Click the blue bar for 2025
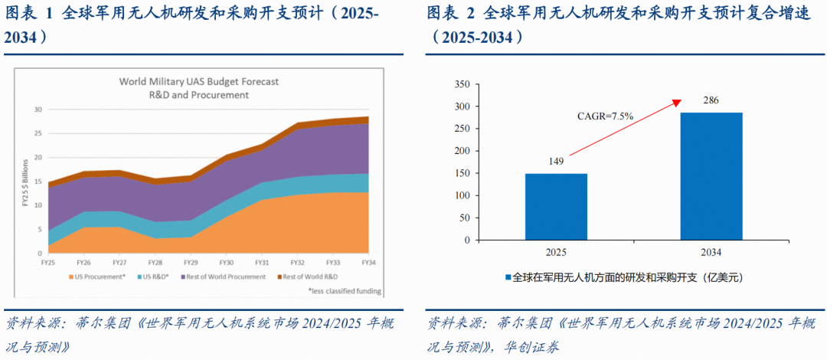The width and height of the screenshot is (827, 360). [556, 207]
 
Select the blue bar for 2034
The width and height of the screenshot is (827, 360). [711, 176]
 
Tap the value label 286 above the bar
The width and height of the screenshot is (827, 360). [711, 100]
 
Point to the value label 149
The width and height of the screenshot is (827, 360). [556, 162]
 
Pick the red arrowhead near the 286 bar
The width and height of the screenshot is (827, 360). [677, 103]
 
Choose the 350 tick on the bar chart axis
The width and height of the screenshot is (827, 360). [462, 84]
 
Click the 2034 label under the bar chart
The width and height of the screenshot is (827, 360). [711, 252]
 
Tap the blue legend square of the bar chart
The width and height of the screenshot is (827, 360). [508, 277]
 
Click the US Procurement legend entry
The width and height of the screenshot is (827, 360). [97, 277]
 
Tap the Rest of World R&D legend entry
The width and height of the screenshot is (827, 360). [306, 277]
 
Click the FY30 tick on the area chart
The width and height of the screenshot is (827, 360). [226, 262]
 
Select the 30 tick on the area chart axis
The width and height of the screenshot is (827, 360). [37, 110]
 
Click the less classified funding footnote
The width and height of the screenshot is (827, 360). [345, 291]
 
